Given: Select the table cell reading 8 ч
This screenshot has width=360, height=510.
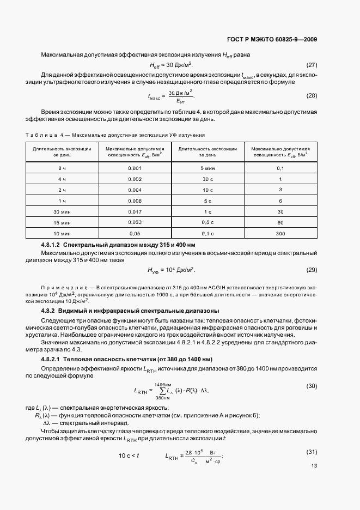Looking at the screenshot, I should pos(62,168).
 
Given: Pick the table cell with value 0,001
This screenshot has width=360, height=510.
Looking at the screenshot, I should pos(135,168).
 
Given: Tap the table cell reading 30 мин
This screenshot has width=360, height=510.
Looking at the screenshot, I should pos(62,211).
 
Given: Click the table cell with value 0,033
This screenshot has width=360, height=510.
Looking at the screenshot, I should pos(135,222).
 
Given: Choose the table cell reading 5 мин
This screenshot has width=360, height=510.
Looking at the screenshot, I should pos(208,168).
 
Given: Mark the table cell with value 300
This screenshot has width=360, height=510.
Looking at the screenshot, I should pos(280,233).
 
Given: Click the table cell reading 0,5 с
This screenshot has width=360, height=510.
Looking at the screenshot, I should pos(208,222).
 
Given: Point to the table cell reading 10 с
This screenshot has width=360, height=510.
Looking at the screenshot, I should pos(208,190).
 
